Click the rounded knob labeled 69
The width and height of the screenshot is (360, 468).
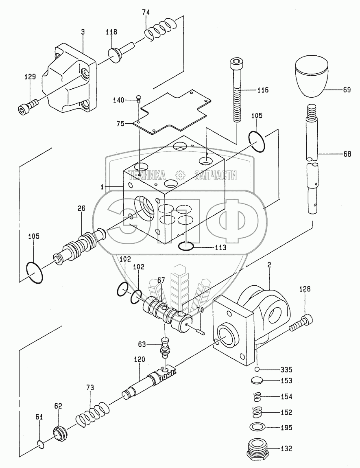[312, 77]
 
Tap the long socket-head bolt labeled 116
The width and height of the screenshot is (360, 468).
[237, 90]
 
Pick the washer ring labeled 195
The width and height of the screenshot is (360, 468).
[257, 427]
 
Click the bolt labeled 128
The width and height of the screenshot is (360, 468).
[301, 323]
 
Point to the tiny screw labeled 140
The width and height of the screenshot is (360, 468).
[139, 99]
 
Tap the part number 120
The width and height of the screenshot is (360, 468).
[140, 359]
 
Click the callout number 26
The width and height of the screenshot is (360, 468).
[81, 208]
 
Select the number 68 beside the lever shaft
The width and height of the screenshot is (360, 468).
[347, 154]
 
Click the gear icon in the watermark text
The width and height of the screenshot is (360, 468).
[180, 175]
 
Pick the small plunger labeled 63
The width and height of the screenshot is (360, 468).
[164, 347]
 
